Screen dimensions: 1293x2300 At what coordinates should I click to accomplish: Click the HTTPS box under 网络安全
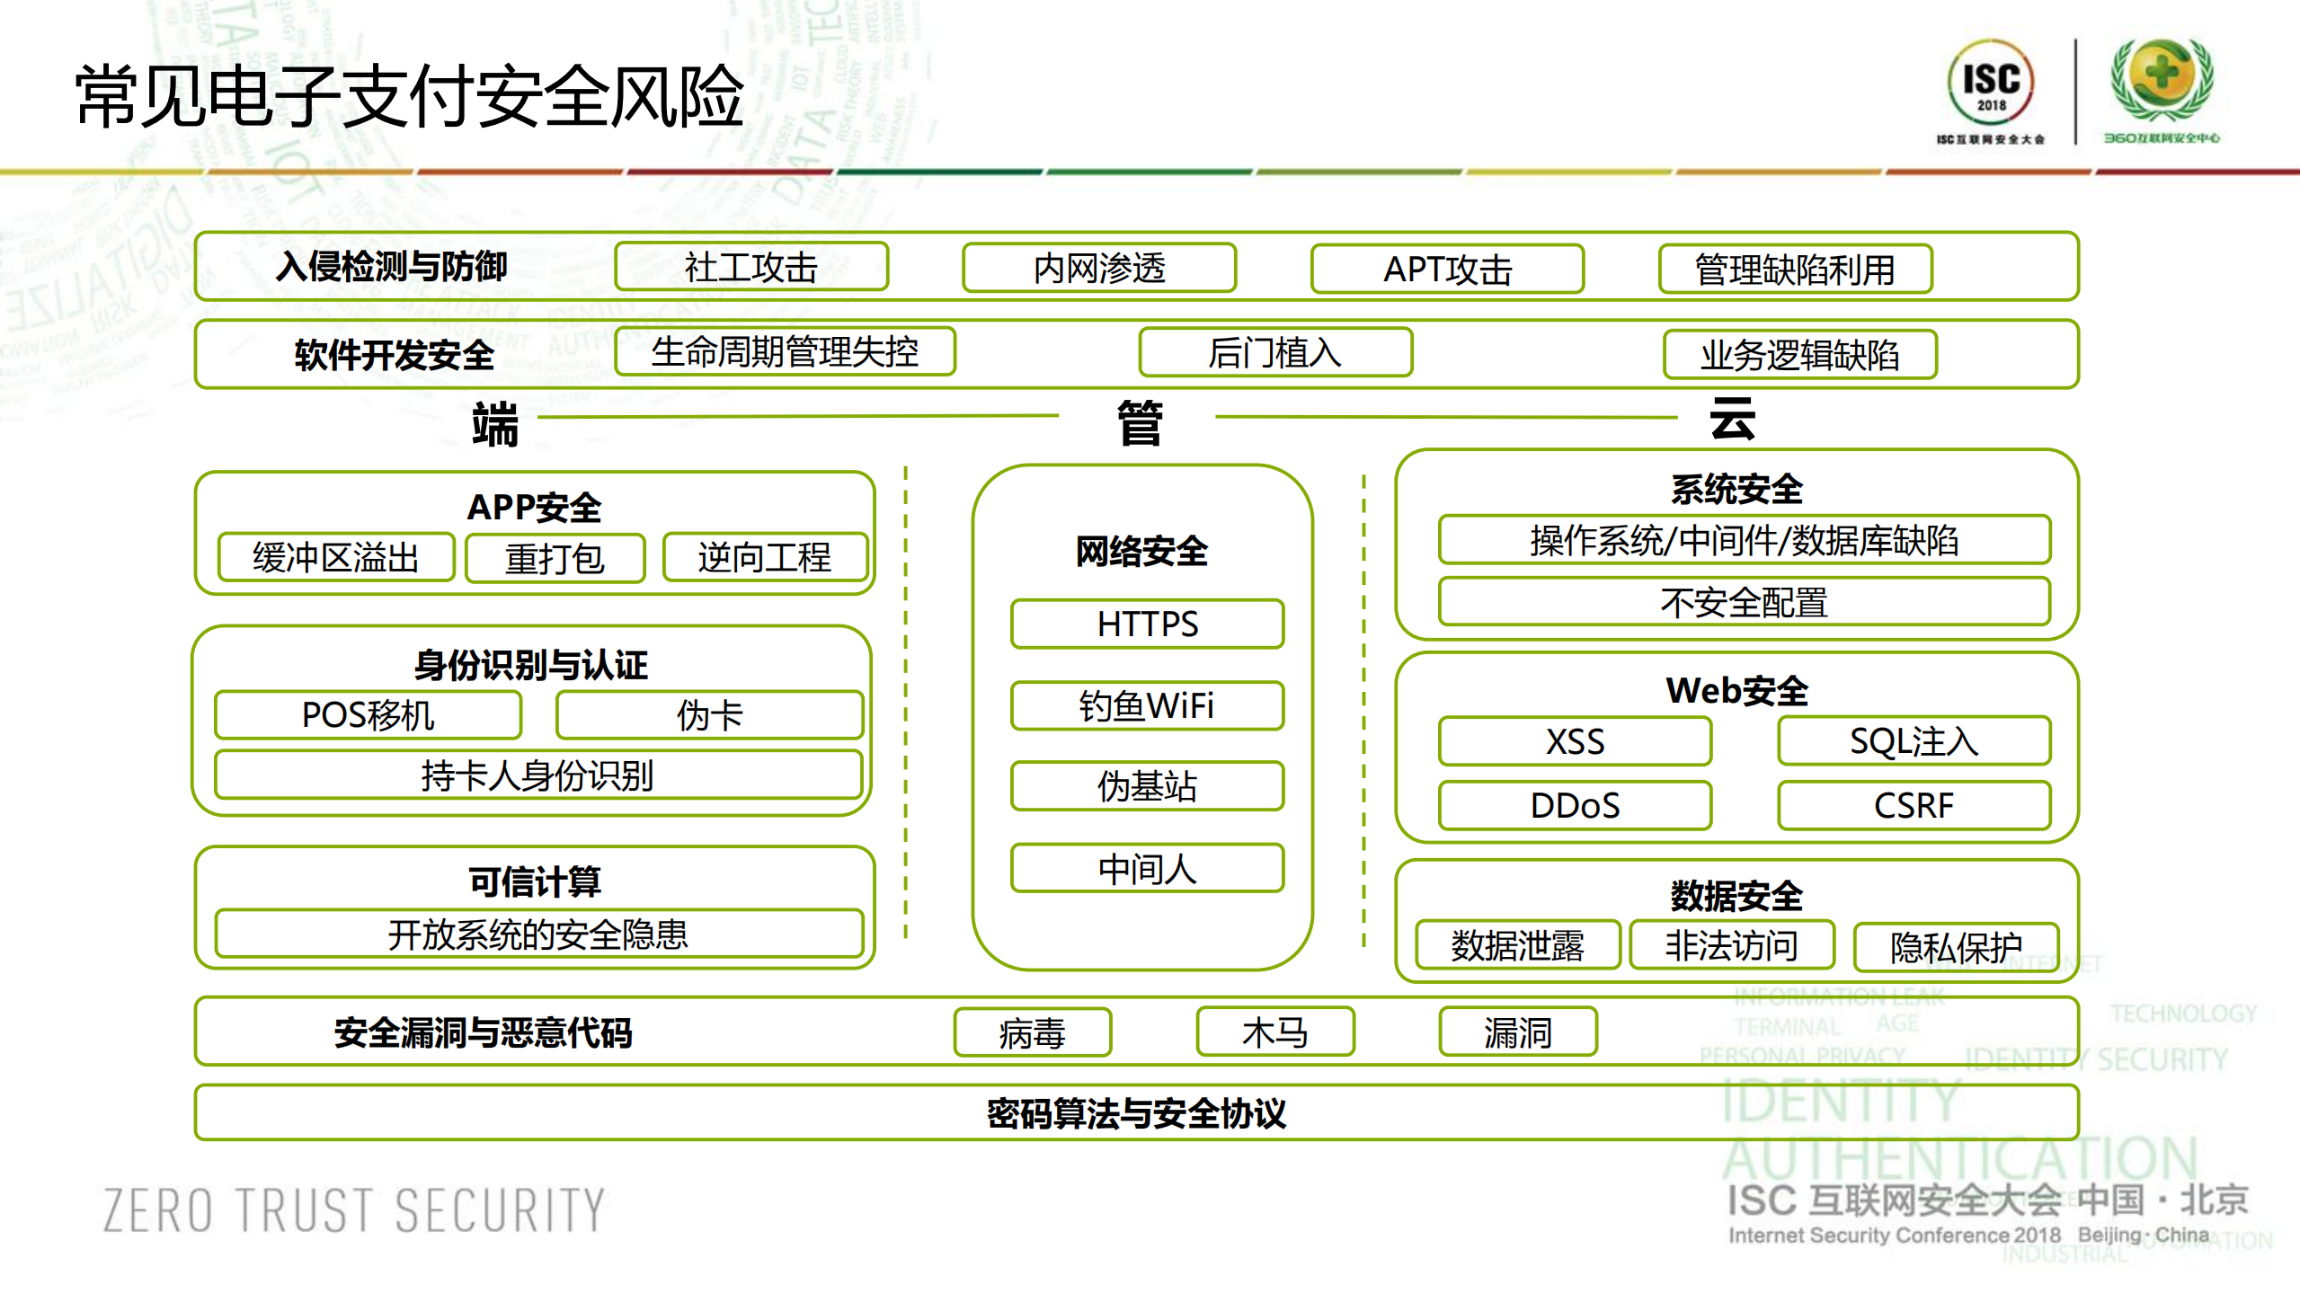1147,624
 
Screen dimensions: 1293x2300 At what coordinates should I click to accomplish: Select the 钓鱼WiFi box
1147,705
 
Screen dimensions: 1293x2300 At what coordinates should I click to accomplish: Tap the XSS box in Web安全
1575,741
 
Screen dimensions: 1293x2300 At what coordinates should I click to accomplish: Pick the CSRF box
1914,805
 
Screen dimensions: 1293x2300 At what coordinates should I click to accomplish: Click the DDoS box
1575,805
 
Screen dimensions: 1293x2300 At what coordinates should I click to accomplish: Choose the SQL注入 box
1914,741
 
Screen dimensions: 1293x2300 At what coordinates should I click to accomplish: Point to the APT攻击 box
1447,269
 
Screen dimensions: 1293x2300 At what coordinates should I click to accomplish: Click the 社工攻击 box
751,267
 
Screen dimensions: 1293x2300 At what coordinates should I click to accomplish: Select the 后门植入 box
1274,352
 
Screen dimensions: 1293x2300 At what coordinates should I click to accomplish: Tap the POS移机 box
368,715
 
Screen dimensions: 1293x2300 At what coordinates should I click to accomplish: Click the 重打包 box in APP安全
555,558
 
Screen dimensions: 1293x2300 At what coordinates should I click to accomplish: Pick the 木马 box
1274,1032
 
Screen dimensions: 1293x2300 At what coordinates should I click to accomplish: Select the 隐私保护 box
1956,947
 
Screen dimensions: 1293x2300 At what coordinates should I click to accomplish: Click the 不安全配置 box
1744,602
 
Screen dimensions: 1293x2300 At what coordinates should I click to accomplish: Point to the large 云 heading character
1732,420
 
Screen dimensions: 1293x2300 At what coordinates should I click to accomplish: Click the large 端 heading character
495,424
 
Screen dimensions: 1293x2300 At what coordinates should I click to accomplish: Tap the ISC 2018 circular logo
1991,83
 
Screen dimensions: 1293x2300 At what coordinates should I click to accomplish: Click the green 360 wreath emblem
2162,81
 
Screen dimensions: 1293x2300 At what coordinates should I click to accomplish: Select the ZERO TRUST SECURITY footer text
354,1209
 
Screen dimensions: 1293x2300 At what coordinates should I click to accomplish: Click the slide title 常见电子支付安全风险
409,96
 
